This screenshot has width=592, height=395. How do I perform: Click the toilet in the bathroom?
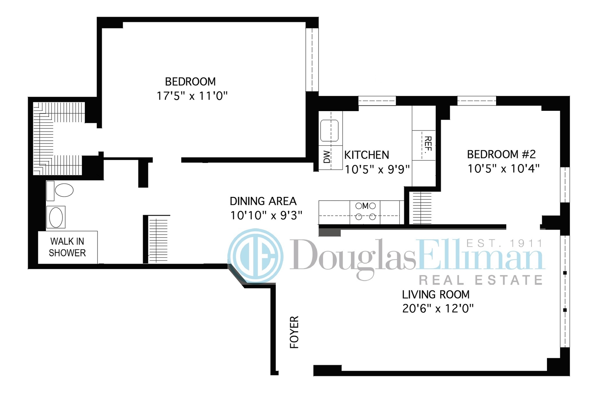click(x=60, y=190)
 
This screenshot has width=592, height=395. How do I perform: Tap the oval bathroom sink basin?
click(x=56, y=217)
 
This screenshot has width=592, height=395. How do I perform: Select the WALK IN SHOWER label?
click(x=67, y=247)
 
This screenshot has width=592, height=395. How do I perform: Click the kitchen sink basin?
click(x=329, y=131)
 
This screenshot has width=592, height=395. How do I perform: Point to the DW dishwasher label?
click(x=327, y=157)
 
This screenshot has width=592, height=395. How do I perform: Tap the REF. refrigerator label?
click(x=428, y=145)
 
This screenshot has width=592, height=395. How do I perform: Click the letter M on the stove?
click(x=365, y=206)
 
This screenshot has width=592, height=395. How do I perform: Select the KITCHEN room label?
click(x=367, y=155)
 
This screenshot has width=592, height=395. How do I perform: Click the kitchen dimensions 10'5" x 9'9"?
click(x=377, y=169)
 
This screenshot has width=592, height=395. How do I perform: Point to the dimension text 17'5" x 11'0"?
click(x=192, y=96)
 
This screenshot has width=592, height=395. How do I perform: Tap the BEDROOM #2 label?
click(x=501, y=154)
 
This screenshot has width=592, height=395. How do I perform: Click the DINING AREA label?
click(x=263, y=201)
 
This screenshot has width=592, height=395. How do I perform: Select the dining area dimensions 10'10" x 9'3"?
click(x=266, y=215)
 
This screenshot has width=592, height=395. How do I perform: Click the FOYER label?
click(x=294, y=332)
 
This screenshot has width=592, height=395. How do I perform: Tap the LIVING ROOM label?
click(x=436, y=294)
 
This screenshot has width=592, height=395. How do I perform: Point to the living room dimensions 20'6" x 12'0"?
click(x=438, y=308)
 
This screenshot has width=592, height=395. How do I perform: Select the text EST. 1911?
click(x=504, y=243)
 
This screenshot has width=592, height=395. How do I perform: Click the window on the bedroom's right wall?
click(x=312, y=60)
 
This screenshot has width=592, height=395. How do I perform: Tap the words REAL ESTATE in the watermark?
click(x=481, y=280)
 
